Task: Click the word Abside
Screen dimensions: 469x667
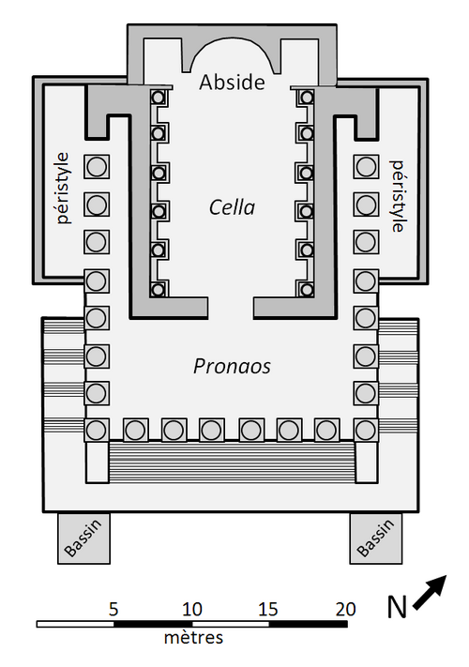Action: (232, 83)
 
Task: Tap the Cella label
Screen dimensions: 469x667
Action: (233, 207)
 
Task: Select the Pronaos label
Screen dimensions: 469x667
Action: (232, 366)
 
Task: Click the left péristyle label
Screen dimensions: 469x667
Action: (63, 188)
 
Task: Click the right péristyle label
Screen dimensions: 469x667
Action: (397, 196)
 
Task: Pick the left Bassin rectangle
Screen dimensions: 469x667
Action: (83, 538)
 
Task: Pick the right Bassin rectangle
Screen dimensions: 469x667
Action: (376, 538)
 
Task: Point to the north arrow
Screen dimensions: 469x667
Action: (430, 593)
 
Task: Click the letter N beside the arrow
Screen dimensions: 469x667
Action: (397, 607)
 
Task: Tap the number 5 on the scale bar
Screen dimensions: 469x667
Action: (113, 610)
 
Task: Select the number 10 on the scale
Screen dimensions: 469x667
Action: (191, 610)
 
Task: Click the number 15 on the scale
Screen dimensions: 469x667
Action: (268, 610)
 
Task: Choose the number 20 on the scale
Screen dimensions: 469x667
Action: (345, 610)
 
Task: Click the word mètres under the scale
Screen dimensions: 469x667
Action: (193, 637)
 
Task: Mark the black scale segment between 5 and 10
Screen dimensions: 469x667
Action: (153, 624)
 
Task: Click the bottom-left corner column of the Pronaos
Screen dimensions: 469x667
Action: (97, 430)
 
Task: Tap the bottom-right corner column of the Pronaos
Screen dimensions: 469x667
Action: (366, 430)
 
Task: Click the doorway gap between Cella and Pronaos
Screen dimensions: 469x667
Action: (231, 308)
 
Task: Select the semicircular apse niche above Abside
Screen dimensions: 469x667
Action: (233, 54)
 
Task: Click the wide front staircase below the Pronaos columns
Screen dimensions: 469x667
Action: (232, 462)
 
